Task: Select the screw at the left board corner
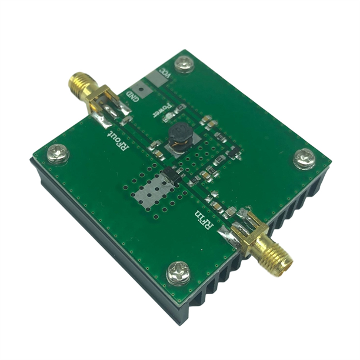(x=58, y=154)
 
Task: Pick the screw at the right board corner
(x=304, y=158)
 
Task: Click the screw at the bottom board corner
(x=179, y=272)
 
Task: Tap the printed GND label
(x=136, y=96)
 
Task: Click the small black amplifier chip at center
(x=171, y=174)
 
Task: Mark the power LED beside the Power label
(x=179, y=108)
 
